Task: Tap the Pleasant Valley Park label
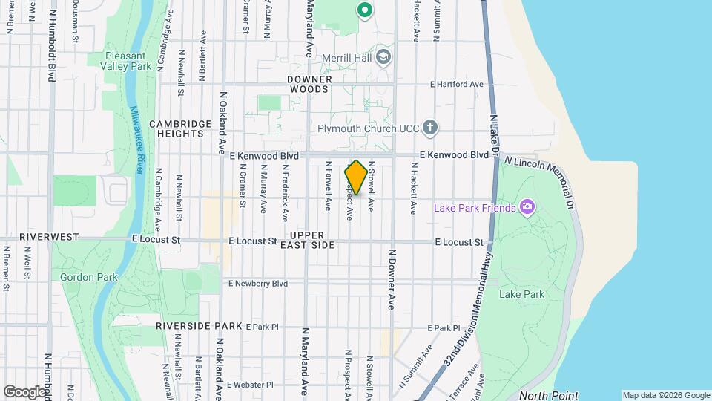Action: coord(128,60)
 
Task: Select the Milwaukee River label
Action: coord(136,140)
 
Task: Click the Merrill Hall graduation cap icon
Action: coord(383,57)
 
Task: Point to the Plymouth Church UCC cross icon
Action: coord(430,128)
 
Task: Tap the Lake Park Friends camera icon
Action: coord(527,207)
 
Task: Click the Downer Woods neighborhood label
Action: coord(309,83)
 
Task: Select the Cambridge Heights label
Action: coord(176,128)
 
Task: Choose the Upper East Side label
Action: coord(312,240)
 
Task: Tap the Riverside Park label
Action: coord(199,326)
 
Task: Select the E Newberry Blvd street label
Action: coord(257,283)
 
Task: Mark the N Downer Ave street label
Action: coord(392,278)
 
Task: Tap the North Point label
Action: coord(548,395)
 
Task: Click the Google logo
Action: coord(24,391)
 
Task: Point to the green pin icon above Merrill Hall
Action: coord(363,10)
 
